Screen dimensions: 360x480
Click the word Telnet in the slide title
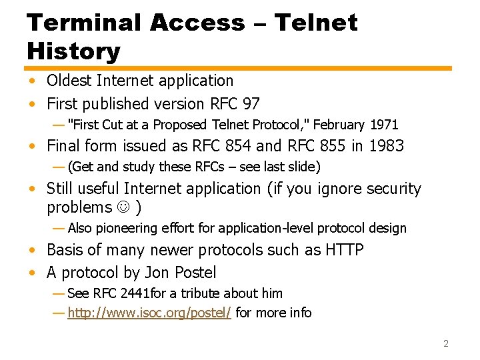point(316,22)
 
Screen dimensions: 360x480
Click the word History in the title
point(73,51)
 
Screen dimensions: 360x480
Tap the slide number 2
point(446,343)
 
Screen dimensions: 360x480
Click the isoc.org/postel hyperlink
point(149,313)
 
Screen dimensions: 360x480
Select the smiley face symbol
point(123,208)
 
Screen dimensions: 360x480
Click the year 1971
point(383,125)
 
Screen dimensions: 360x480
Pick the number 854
point(238,146)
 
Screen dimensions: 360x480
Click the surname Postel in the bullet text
point(194,273)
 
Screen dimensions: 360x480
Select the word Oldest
point(70,81)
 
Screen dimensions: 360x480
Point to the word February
point(338,125)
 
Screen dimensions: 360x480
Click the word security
point(390,189)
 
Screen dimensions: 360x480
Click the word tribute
point(198,293)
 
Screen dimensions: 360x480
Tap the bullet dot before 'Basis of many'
point(31,251)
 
